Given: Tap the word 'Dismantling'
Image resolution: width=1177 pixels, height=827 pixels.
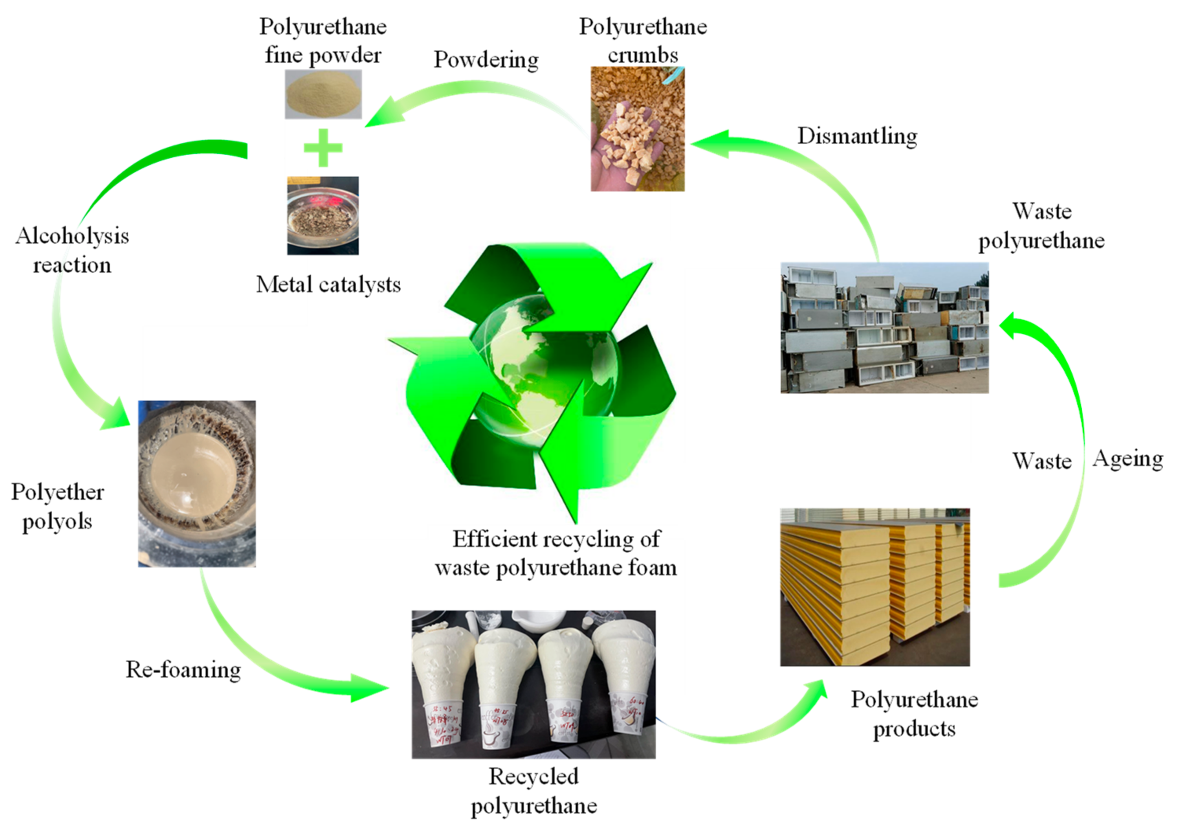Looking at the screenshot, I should click(857, 136).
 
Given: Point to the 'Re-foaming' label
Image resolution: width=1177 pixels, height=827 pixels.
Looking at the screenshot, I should click(183, 669).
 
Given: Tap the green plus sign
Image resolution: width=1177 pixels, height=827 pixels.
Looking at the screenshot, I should click(323, 148).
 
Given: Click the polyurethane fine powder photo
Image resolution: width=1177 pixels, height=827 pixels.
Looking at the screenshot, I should click(323, 94).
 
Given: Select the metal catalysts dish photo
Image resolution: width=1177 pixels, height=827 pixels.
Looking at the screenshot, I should click(323, 215).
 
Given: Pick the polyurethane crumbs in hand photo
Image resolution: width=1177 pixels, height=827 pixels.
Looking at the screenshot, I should click(637, 129).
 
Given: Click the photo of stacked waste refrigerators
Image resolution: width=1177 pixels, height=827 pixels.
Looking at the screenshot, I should click(884, 328).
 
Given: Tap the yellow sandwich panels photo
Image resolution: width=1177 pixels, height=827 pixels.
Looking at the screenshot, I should click(874, 587).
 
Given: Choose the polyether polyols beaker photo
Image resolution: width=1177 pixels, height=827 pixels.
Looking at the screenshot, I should click(197, 483).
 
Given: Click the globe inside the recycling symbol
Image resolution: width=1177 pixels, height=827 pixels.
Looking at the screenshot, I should click(543, 369).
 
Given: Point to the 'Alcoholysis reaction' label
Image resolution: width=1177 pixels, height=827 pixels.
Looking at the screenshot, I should click(72, 250).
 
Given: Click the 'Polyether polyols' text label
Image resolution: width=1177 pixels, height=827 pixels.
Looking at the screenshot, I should click(57, 507).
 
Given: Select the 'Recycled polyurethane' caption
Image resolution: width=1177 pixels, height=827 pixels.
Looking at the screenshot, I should click(533, 791).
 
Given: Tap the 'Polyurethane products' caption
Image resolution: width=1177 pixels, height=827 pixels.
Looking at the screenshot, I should click(915, 714).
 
